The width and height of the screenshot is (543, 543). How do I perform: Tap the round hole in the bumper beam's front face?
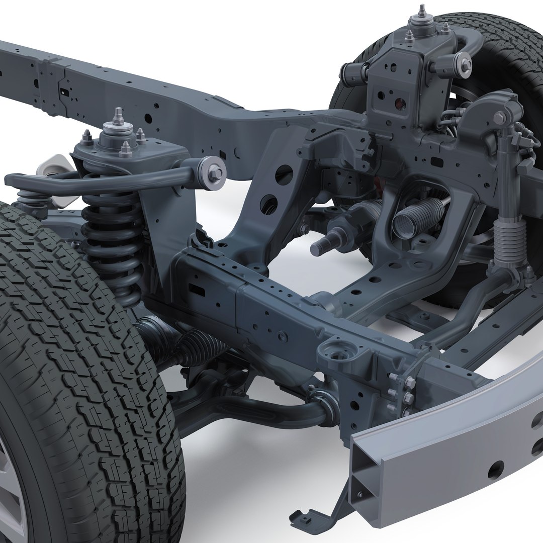(x=495, y=470)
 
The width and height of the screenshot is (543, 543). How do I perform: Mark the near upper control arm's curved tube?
(x=101, y=178)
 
